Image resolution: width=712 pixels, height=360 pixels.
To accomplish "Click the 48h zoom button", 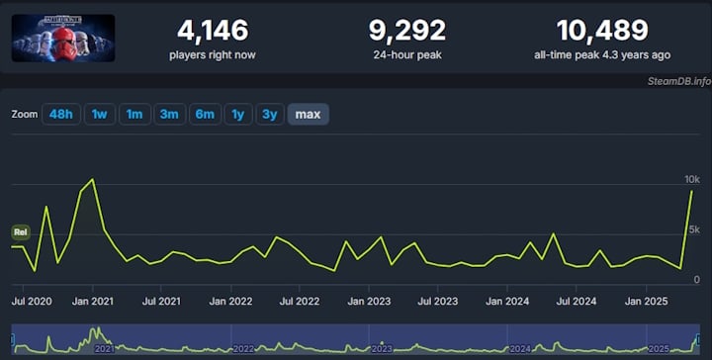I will pyautogui.click(x=60, y=115).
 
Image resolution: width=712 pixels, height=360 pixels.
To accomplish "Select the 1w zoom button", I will pyautogui.click(x=99, y=115).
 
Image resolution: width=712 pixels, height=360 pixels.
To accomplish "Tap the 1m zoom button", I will pyautogui.click(x=134, y=115).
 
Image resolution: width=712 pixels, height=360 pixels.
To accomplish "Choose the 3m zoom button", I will pyautogui.click(x=169, y=115).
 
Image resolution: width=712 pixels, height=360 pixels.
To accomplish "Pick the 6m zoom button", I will pyautogui.click(x=205, y=115).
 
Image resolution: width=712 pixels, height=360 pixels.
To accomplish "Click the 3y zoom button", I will pyautogui.click(x=269, y=115).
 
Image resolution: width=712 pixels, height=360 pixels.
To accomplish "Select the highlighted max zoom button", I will pyautogui.click(x=308, y=115).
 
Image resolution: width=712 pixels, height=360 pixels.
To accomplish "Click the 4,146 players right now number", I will pyautogui.click(x=213, y=31).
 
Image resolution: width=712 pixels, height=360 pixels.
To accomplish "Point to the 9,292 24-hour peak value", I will pyautogui.click(x=406, y=31).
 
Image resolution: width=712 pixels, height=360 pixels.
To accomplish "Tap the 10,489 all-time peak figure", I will pyautogui.click(x=602, y=31).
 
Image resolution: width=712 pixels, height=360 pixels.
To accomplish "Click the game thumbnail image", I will pyautogui.click(x=63, y=38).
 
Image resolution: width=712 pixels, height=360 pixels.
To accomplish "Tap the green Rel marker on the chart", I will pyautogui.click(x=21, y=232).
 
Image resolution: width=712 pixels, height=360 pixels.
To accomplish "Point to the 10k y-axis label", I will pyautogui.click(x=692, y=179).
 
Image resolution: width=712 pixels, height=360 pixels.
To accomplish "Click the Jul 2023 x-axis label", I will pyautogui.click(x=438, y=301).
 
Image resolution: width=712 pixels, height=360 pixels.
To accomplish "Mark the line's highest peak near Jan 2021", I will pyautogui.click(x=92, y=180).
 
